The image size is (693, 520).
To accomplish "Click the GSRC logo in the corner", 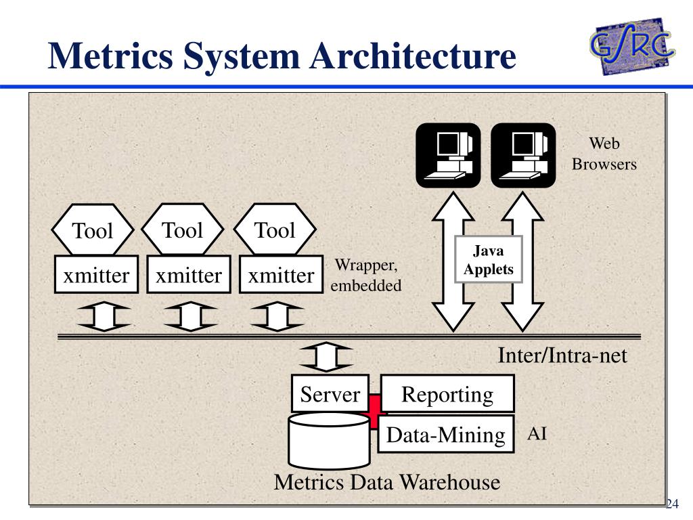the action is pyautogui.click(x=632, y=46).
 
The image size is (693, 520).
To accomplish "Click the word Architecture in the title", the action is pyautogui.click(x=412, y=56).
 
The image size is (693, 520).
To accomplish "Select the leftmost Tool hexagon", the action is pyautogui.click(x=92, y=230).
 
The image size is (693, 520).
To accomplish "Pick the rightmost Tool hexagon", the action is pyautogui.click(x=275, y=230).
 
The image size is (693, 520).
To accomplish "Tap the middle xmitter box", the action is pyautogui.click(x=189, y=274).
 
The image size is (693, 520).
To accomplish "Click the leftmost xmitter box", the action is pyautogui.click(x=96, y=274).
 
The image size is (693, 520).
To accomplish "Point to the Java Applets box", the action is pyautogui.click(x=489, y=259).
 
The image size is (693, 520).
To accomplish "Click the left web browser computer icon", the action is pyautogui.click(x=448, y=155).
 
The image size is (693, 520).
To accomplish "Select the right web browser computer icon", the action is pyautogui.click(x=523, y=155).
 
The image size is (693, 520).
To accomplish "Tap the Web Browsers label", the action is pyautogui.click(x=604, y=154).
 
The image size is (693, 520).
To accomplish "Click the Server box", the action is pyautogui.click(x=330, y=393).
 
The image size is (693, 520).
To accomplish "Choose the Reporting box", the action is pyautogui.click(x=447, y=393).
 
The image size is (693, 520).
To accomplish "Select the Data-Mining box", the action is pyautogui.click(x=446, y=434).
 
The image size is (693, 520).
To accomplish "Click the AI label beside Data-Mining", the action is pyautogui.click(x=537, y=433).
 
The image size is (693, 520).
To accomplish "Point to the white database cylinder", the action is pyautogui.click(x=330, y=440).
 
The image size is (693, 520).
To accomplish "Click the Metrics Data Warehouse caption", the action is pyautogui.click(x=387, y=481).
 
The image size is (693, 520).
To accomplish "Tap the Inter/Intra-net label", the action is pyautogui.click(x=562, y=355).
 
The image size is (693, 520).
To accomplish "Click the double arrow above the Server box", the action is pyautogui.click(x=326, y=356).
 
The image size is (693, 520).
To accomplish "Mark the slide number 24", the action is pyautogui.click(x=672, y=503).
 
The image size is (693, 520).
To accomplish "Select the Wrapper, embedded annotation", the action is pyautogui.click(x=366, y=275).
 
